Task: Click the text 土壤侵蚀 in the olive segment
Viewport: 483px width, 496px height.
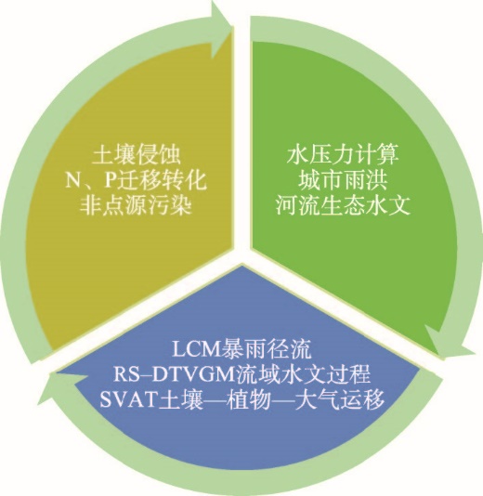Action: click(x=137, y=155)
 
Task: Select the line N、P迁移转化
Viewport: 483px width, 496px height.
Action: click(x=137, y=181)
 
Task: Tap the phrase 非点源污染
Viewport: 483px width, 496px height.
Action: click(x=136, y=206)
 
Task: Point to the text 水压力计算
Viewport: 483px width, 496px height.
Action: click(x=343, y=155)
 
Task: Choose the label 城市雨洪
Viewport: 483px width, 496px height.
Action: click(x=343, y=180)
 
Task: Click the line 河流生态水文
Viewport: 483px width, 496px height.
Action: click(x=343, y=206)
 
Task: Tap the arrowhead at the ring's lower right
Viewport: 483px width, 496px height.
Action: click(x=449, y=344)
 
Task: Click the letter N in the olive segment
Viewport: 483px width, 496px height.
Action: click(x=72, y=181)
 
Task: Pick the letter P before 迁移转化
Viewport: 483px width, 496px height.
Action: click(x=110, y=181)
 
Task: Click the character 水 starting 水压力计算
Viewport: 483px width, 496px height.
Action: click(x=297, y=155)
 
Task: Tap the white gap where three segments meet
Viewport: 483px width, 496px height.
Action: click(x=242, y=253)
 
